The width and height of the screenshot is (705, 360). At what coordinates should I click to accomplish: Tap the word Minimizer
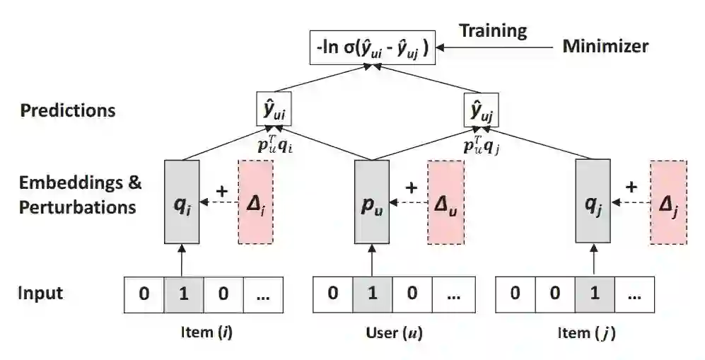pyautogui.click(x=605, y=47)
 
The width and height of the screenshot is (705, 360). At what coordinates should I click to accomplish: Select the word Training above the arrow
pyautogui.click(x=493, y=30)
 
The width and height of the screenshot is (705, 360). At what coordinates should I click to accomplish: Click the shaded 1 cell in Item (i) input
pyautogui.click(x=184, y=294)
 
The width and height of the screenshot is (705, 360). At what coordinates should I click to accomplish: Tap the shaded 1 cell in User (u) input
pyautogui.click(x=373, y=294)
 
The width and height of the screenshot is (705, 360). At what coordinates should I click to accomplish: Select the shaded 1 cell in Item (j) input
pyautogui.click(x=594, y=294)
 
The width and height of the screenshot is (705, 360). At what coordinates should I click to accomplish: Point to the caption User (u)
pyautogui.click(x=395, y=333)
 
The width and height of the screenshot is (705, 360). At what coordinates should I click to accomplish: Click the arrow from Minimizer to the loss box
pyautogui.click(x=495, y=47)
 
